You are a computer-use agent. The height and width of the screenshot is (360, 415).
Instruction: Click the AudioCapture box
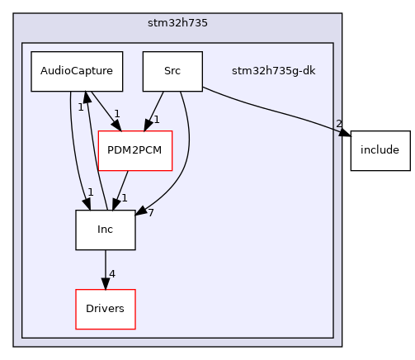click(77, 71)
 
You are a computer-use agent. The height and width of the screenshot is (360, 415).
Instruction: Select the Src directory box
click(172, 71)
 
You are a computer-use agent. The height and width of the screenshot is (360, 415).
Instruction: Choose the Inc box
click(106, 230)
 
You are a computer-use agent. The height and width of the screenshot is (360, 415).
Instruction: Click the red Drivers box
click(106, 309)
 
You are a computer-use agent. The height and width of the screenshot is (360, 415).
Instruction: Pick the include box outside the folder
click(380, 150)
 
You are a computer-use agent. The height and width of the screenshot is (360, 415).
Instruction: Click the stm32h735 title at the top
click(177, 22)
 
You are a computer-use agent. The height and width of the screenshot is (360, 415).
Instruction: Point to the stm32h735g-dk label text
click(262, 71)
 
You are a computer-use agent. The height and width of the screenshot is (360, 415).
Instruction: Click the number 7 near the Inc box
click(150, 213)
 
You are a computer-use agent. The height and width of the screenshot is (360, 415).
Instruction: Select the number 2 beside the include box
click(338, 124)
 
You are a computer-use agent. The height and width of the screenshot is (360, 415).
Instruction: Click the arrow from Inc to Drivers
click(106, 269)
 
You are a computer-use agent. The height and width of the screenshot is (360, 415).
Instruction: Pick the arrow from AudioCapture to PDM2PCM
click(101, 110)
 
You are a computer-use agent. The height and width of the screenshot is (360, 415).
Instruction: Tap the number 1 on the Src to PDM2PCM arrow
click(155, 121)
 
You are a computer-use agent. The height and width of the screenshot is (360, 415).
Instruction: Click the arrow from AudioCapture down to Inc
click(72, 149)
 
